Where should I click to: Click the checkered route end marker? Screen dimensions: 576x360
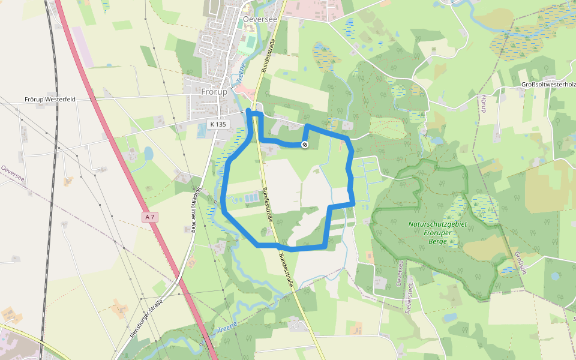(x=305, y=145)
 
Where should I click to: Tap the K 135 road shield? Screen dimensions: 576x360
(x=219, y=124)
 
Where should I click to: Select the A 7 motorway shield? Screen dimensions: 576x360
(x=150, y=217)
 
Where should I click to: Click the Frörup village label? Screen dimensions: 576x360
(x=214, y=92)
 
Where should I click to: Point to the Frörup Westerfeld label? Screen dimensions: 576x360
(x=50, y=99)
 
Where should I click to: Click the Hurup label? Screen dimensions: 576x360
(x=482, y=104)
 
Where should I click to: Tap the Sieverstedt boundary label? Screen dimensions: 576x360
(x=410, y=286)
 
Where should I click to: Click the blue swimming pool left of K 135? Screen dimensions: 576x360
(x=201, y=132)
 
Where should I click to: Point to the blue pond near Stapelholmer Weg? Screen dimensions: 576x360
(x=148, y=154)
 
